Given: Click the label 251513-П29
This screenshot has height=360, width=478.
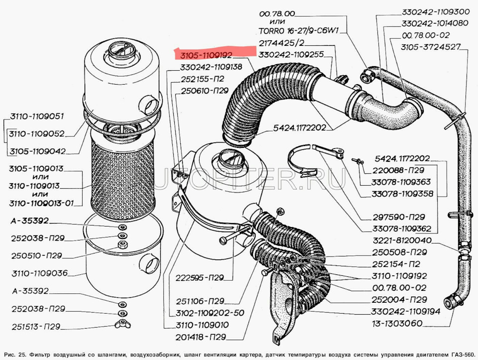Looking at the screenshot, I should point(35,327).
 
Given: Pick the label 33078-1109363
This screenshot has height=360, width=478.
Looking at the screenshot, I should point(401,182).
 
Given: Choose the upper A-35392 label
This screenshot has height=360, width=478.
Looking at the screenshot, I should point(31,220).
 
